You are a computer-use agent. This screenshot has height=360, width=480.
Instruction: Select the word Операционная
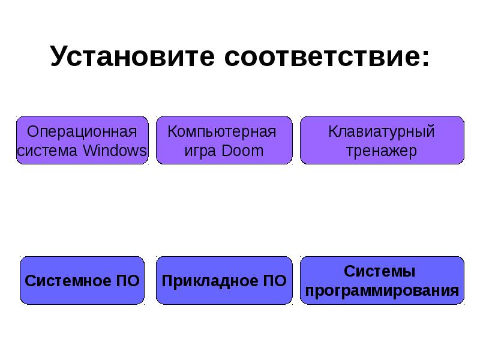point(82,131)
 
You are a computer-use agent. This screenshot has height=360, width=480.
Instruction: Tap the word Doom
point(242,150)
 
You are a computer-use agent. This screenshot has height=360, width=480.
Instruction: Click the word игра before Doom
point(200,151)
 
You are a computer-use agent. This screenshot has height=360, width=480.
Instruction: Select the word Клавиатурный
point(382,131)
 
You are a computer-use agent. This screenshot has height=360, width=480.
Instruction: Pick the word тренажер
point(382,150)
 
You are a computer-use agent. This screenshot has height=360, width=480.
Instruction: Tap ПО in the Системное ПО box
point(127,281)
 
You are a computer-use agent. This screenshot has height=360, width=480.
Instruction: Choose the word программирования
point(382,291)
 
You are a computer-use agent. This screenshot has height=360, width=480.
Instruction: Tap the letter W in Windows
point(89,150)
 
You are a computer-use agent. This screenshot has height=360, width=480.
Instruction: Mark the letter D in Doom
point(226,150)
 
